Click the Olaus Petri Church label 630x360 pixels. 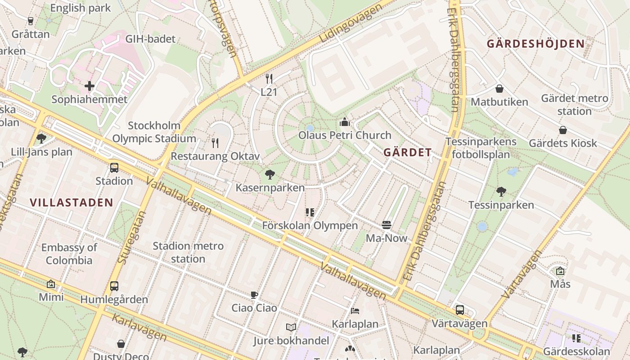345,135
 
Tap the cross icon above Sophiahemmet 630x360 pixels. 90,85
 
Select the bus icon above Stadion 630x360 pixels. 114,168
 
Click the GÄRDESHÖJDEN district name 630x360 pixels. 535,44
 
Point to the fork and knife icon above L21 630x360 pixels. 269,79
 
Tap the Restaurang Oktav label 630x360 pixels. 216,157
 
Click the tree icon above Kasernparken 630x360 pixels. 270,174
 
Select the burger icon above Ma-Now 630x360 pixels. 387,225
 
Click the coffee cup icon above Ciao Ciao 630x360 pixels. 254,295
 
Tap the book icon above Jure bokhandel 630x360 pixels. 291,327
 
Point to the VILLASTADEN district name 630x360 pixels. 72,202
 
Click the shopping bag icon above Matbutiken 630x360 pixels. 499,89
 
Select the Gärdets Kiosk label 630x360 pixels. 562,143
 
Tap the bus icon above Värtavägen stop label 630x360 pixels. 459,310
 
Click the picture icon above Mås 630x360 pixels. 560,271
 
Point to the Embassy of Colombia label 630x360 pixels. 69,254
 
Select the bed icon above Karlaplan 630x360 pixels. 355,311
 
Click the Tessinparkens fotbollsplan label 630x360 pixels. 481,148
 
